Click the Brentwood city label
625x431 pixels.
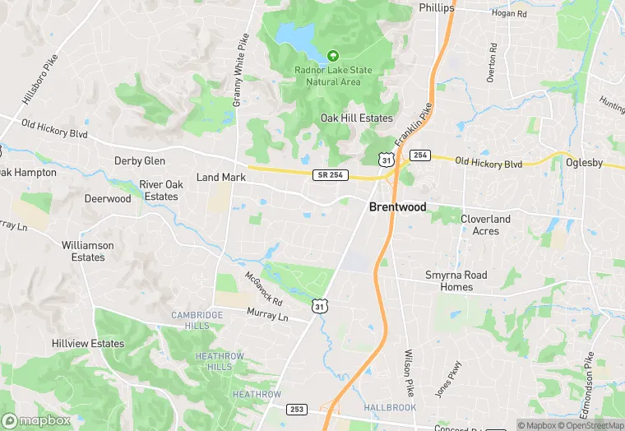pos(398,207)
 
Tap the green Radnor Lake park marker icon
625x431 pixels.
pos(333,56)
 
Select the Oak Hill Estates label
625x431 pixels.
pos(356,118)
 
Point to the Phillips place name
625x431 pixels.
pos(437,7)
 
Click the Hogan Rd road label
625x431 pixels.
pos(508,13)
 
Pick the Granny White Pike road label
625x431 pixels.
pos(239,71)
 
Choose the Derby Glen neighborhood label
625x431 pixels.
pos(140,161)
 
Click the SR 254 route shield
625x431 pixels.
pos(331,175)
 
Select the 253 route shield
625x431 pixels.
pos(297,409)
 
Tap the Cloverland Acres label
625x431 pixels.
pos(485,225)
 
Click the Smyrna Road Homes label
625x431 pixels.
pos(456,281)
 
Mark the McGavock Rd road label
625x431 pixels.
pos(264,289)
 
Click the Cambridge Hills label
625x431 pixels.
pos(197,321)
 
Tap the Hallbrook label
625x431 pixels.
pos(390,407)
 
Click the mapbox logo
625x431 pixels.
pos(37,420)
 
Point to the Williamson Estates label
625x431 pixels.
pos(88,251)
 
